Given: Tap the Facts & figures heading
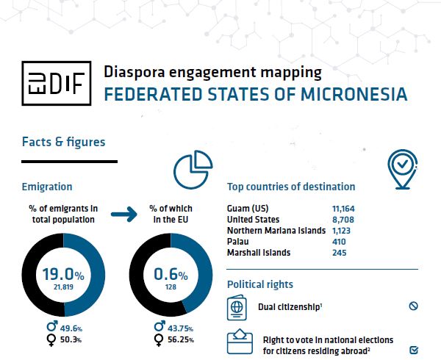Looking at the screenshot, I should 63,141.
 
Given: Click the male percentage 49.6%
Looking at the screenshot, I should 70,327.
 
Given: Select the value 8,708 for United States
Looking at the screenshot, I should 344,220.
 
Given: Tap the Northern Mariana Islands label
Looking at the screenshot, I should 276,231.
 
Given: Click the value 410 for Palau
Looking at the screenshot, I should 339,242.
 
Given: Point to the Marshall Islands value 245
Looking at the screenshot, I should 339,253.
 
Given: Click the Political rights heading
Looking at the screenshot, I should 259,284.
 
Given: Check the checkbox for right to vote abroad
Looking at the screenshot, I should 413,350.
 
